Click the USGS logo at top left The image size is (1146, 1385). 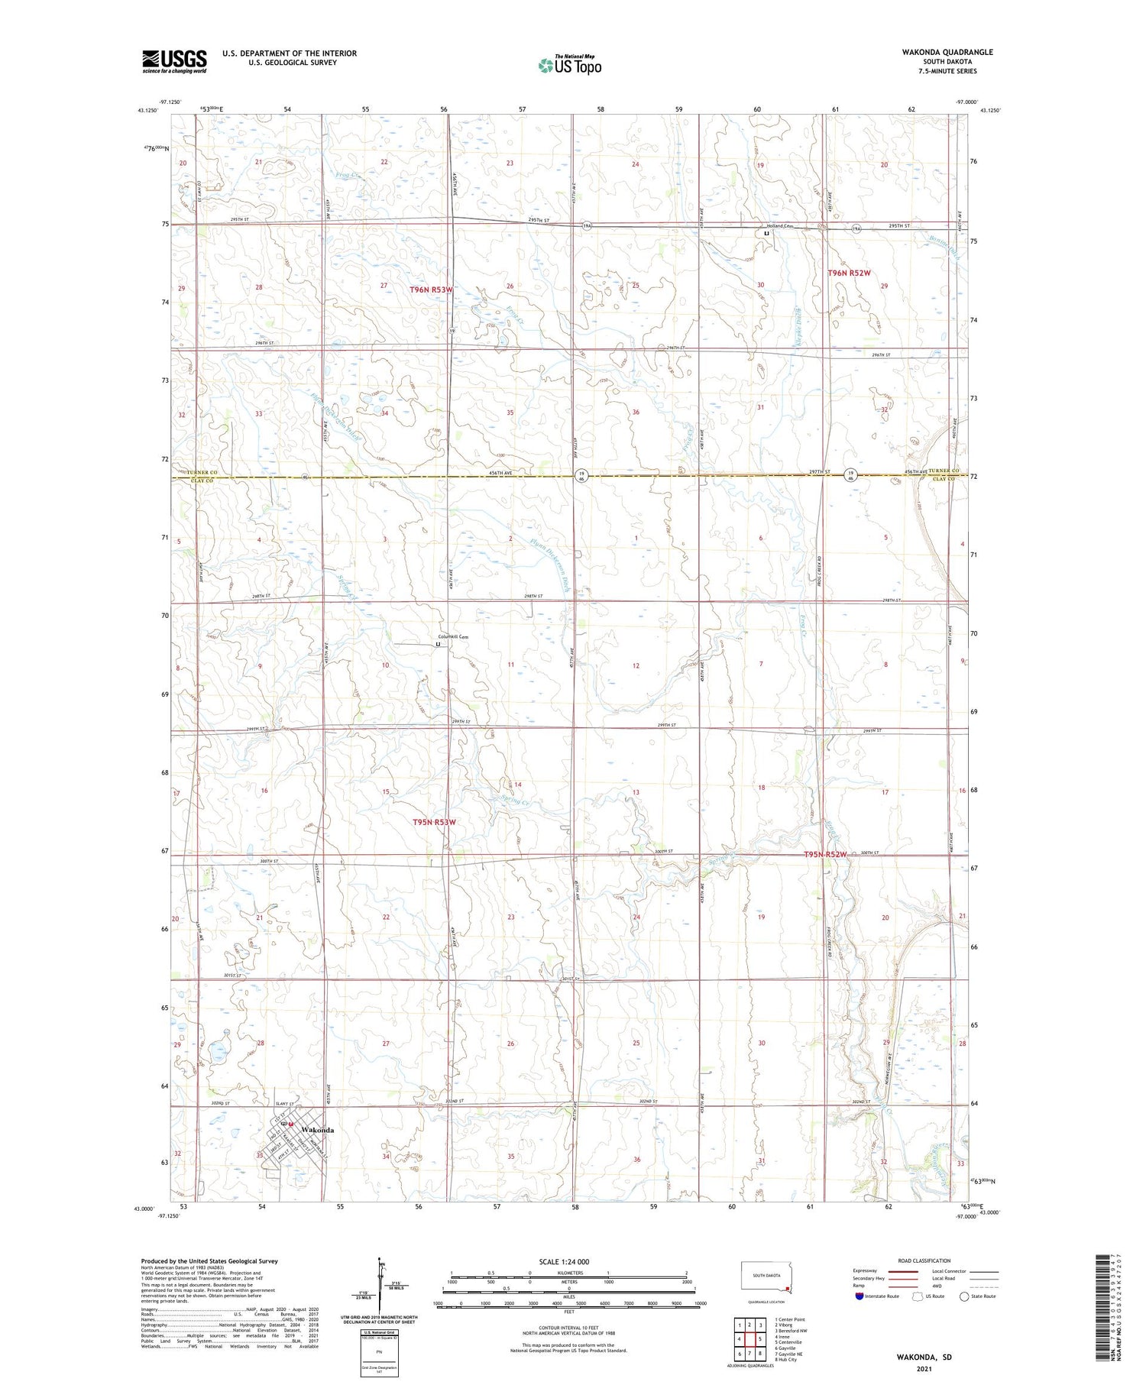click(174, 61)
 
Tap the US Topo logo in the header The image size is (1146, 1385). click(569, 65)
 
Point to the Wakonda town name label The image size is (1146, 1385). click(319, 1129)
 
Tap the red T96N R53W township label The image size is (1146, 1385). click(431, 290)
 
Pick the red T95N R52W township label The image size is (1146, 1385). click(826, 854)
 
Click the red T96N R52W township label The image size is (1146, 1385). click(850, 273)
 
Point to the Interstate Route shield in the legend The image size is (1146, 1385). click(859, 1296)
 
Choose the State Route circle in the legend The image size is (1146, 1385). click(965, 1296)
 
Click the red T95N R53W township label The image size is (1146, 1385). click(433, 822)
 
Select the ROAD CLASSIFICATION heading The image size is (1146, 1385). click(924, 1260)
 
